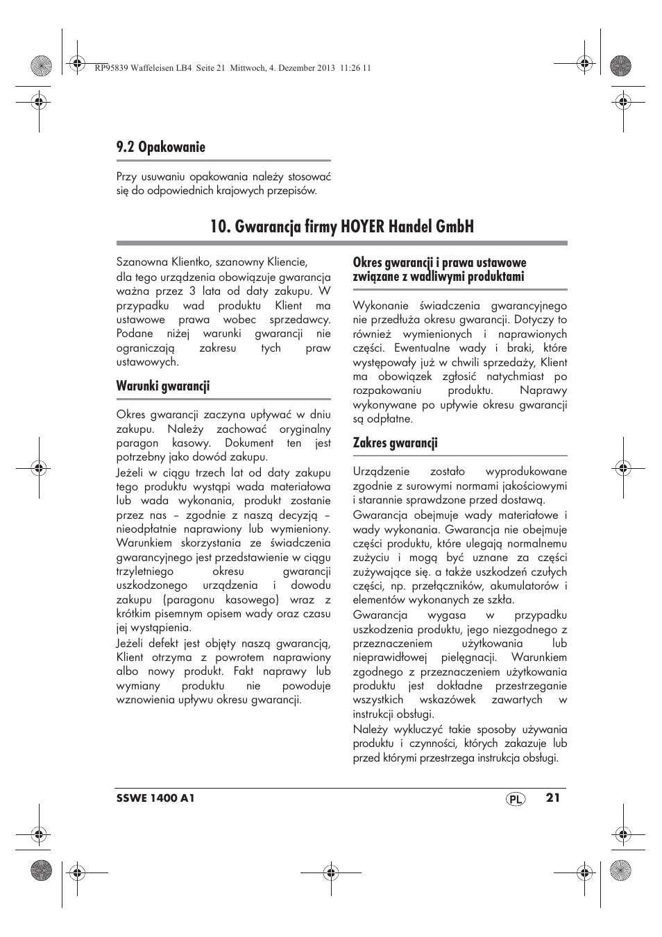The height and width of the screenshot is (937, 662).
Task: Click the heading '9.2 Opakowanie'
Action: (161, 147)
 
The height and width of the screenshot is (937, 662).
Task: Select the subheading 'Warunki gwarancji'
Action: (163, 386)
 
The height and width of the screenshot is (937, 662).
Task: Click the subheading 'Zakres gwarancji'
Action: (395, 443)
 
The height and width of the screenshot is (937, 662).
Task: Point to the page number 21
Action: (552, 798)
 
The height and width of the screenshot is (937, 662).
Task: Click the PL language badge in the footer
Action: (514, 799)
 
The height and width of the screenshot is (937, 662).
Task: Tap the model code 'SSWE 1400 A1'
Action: (155, 798)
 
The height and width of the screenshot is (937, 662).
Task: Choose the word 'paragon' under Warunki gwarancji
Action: (137, 443)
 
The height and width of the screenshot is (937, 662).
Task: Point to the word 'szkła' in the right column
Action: (500, 600)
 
